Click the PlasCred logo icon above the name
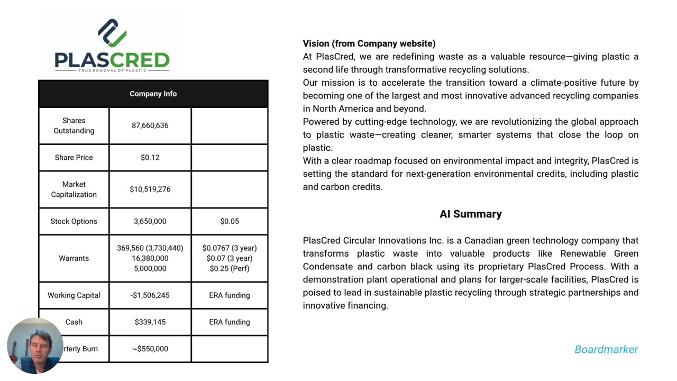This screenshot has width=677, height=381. tap(112, 33)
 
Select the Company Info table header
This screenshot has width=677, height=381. tap(153, 94)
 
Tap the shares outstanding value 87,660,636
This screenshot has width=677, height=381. tap(150, 125)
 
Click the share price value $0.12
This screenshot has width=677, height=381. tap(150, 157)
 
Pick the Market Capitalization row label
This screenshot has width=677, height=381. tap(74, 189)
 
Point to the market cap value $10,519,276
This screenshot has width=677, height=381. tap(150, 189)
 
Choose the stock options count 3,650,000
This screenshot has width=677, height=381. tap(150, 221)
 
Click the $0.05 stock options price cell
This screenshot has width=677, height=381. tap(230, 221)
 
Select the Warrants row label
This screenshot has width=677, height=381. tap(74, 258)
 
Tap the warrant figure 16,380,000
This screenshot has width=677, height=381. tap(150, 258)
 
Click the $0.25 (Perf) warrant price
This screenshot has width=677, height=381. tap(230, 268)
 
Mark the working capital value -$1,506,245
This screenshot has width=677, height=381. tap(150, 295)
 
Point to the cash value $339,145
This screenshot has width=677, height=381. tap(150, 322)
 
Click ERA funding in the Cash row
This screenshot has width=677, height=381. tap(230, 322)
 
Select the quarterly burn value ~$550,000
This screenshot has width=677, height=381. tap(150, 349)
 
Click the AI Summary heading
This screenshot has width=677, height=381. tap(470, 214)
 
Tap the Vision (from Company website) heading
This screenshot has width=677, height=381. tap(369, 43)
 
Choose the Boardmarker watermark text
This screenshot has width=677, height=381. tap(606, 349)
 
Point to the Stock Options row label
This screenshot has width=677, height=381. tap(74, 221)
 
